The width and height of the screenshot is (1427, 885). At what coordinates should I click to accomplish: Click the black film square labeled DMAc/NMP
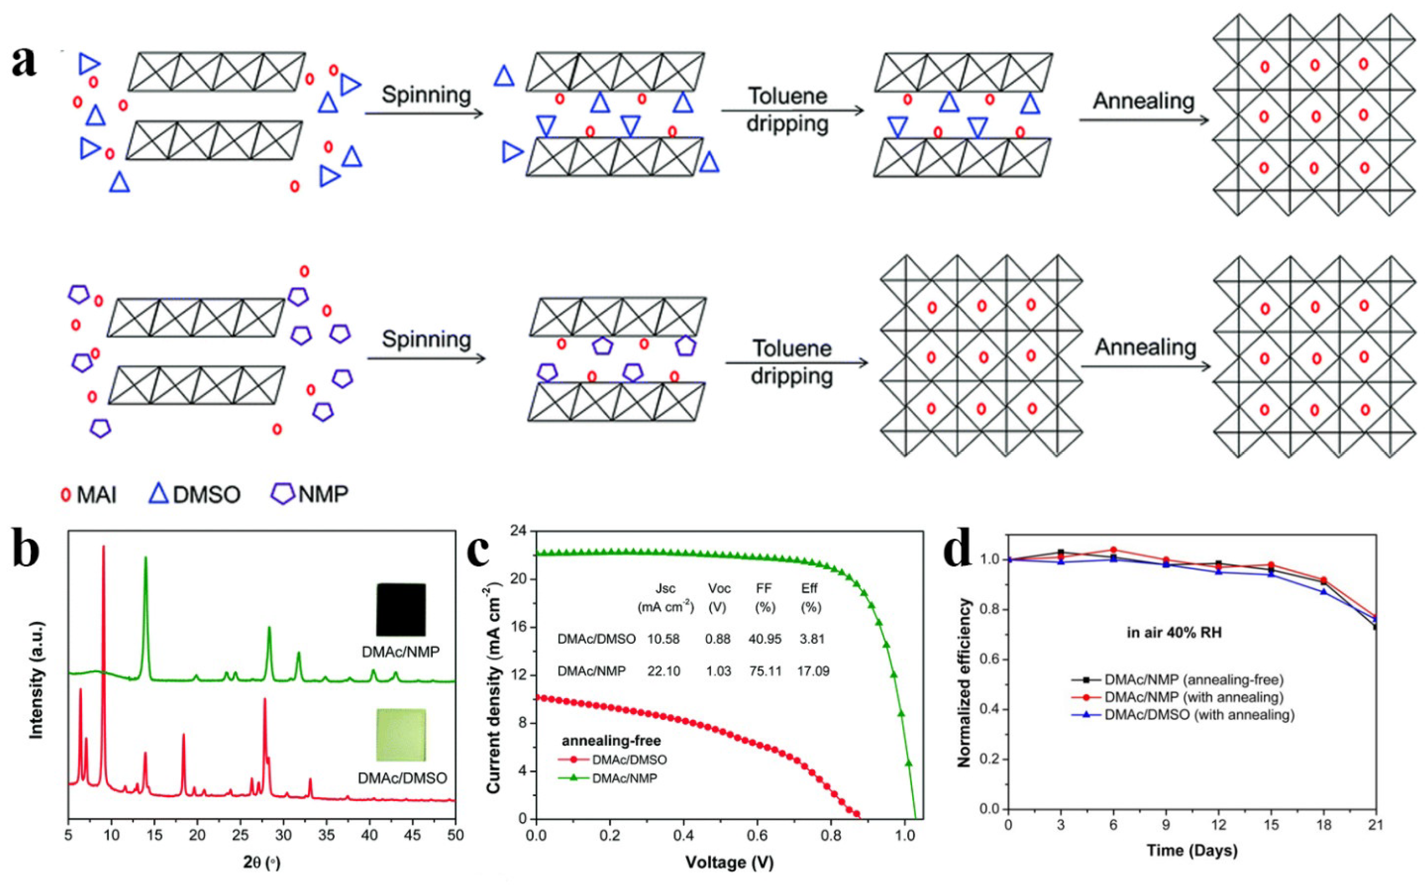(401, 609)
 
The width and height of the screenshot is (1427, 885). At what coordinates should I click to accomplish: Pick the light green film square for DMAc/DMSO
(401, 734)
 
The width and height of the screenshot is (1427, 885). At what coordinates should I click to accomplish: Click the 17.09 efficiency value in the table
(813, 671)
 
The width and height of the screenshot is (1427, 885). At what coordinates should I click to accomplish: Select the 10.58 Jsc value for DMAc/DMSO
(663, 638)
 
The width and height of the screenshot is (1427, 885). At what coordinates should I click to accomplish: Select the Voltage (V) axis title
(730, 861)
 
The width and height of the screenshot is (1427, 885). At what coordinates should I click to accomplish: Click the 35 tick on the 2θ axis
(326, 833)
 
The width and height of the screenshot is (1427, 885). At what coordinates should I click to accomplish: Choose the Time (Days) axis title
(1191, 850)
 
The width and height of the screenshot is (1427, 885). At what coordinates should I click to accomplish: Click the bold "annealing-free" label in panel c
(611, 741)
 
